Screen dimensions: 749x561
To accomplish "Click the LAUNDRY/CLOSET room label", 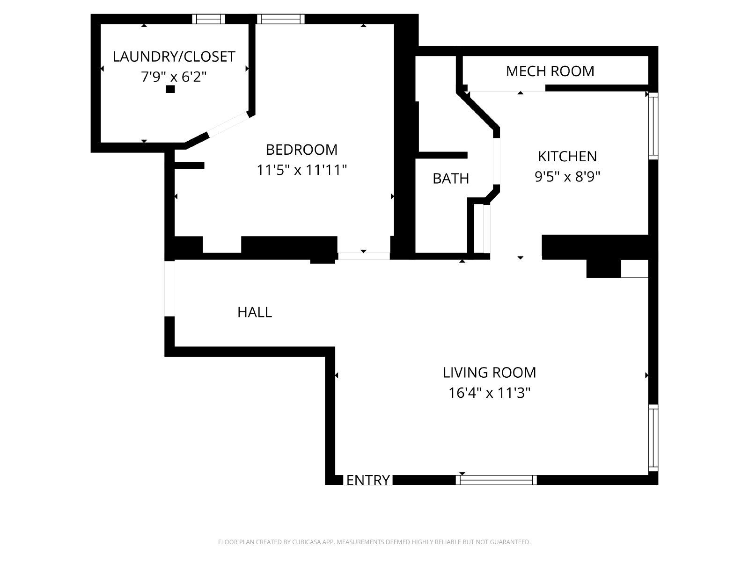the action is [x=174, y=57].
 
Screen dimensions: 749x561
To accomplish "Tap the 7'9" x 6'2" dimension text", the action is [x=174, y=77].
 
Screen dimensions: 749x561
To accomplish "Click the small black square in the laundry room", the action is [x=170, y=89].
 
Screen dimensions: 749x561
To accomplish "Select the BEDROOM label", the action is [x=301, y=150].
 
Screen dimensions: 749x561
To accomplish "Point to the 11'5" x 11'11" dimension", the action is [x=301, y=170].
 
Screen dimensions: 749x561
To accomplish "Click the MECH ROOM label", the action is [x=550, y=71].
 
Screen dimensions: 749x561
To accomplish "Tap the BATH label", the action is [x=451, y=179].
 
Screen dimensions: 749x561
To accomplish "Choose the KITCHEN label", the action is [x=567, y=156].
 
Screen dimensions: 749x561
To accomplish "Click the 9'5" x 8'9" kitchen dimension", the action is [x=567, y=177].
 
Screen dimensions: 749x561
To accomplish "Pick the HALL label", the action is [x=255, y=312].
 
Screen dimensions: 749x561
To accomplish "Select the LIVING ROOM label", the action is [x=489, y=373].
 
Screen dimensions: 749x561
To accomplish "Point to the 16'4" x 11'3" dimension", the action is [x=489, y=393].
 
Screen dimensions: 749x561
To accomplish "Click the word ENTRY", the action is [x=368, y=480].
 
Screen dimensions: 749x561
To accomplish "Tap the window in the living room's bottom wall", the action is [x=496, y=480].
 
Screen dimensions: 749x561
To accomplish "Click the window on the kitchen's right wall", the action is [x=653, y=126].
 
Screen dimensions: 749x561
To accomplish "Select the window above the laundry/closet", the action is [x=208, y=19].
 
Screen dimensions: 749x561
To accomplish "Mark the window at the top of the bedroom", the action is [x=280, y=19].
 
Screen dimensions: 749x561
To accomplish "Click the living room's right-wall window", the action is [x=653, y=438].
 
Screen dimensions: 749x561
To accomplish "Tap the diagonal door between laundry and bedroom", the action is [x=228, y=124].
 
